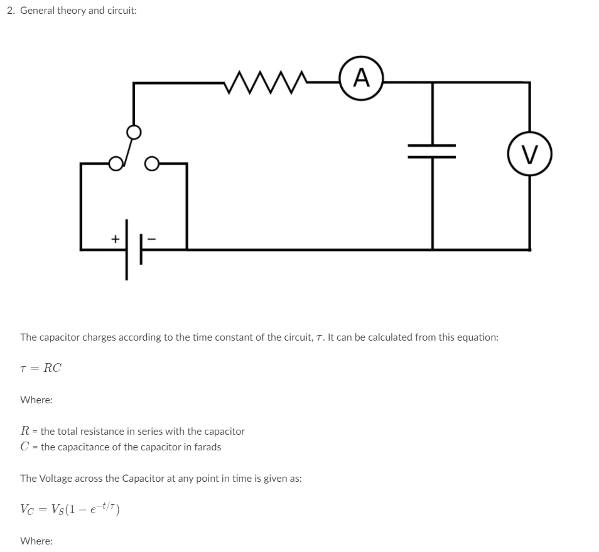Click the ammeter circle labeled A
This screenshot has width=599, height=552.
coord(360,79)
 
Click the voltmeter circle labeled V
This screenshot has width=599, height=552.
coord(530,152)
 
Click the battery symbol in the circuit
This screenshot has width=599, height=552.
coord(132,249)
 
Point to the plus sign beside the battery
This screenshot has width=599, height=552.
coord(115,238)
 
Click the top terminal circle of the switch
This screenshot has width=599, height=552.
coord(134,132)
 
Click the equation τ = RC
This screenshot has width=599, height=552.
coord(41,368)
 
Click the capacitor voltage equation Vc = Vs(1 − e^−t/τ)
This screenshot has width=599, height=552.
coord(70,509)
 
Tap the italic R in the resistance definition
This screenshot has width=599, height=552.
coord(24,431)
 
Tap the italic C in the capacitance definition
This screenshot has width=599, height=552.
coord(24,447)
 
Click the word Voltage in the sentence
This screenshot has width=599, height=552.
coord(57,478)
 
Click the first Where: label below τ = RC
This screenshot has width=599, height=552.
coord(36,400)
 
